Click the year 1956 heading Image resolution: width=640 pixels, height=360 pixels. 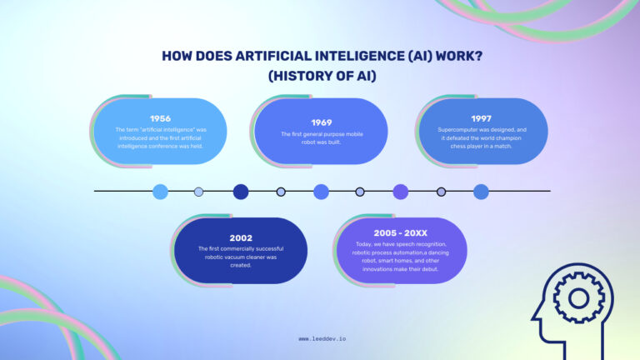coord(160,118)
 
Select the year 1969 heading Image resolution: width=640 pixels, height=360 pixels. coord(321,122)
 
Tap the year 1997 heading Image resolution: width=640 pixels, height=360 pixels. coord(481,118)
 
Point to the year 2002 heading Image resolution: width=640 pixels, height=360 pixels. coord(241,237)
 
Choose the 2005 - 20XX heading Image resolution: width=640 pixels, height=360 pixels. coord(401,232)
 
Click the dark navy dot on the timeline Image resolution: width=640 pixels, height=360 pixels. coord(241,192)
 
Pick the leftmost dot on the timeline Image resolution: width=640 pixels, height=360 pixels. coord(160,192)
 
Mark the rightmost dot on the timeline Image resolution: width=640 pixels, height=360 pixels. coord(481,192)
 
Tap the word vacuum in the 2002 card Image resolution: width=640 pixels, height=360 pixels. coord(241,257)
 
